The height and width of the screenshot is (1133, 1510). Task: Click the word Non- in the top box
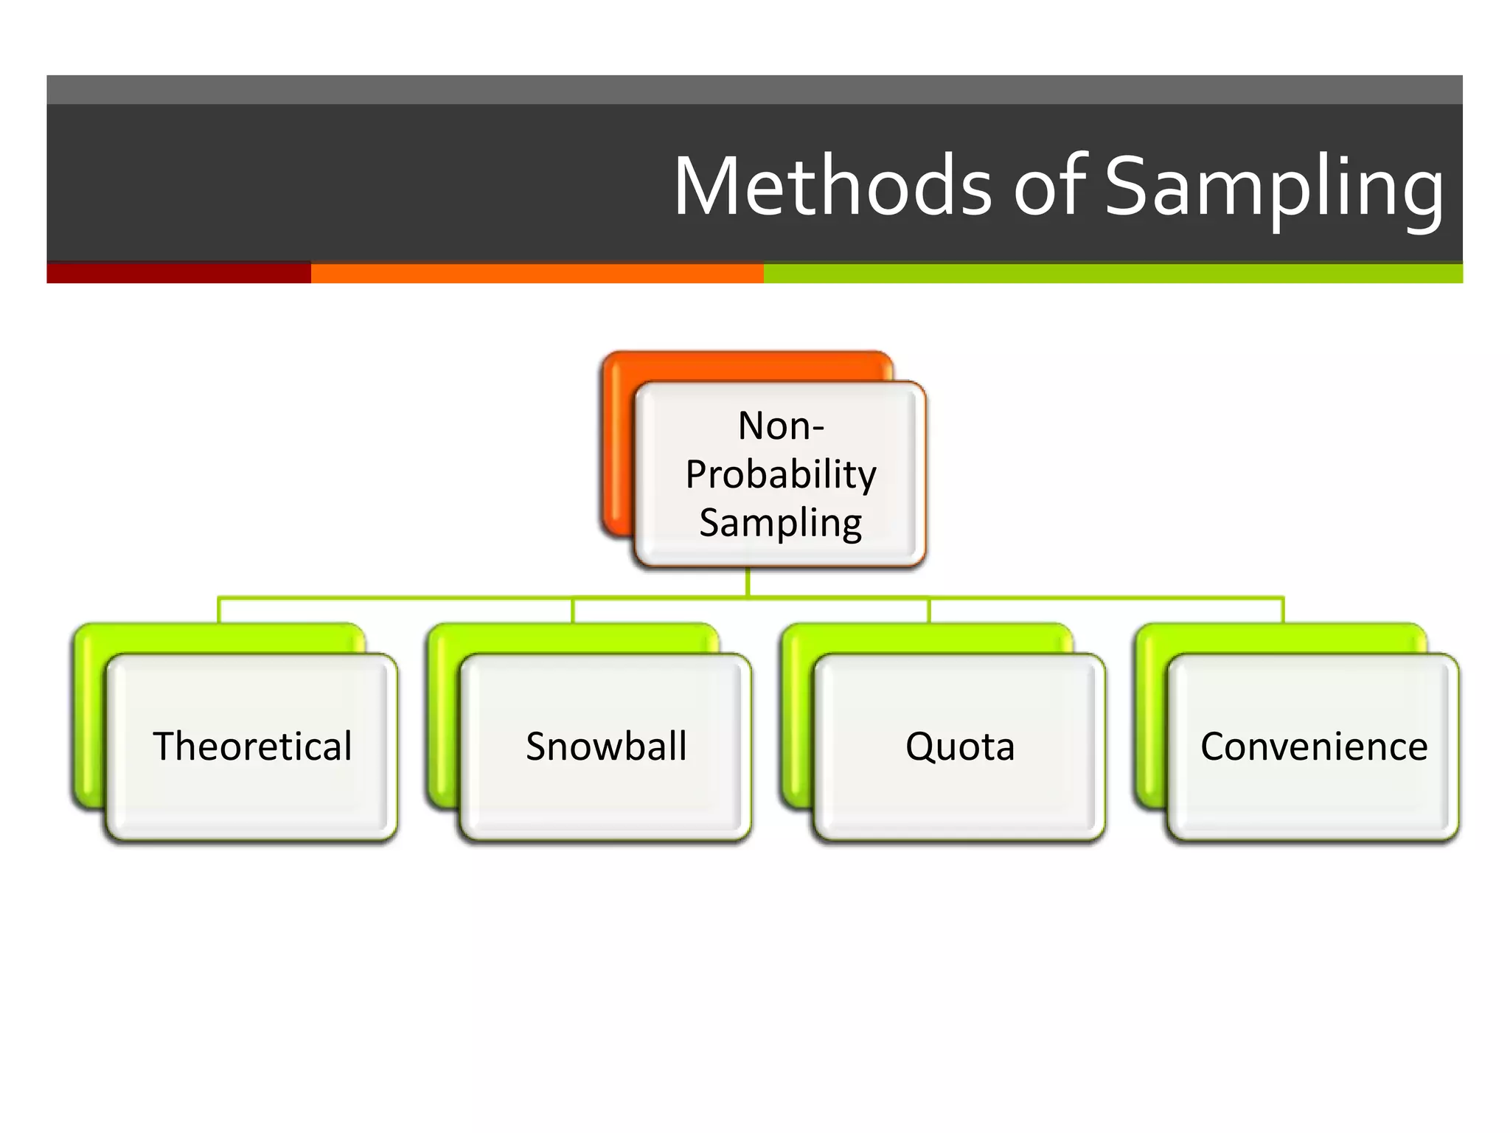coord(781,426)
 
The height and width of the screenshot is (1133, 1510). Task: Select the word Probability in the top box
coord(781,474)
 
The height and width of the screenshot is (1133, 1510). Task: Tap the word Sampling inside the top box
coord(781,523)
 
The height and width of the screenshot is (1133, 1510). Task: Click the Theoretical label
coord(252,746)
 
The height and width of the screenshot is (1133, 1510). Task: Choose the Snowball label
coord(606,746)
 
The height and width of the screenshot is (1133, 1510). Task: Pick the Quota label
coord(960,746)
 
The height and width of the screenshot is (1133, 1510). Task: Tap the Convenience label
coord(1314,746)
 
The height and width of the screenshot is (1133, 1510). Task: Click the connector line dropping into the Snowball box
coord(573,611)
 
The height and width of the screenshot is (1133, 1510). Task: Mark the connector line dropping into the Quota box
coord(929,611)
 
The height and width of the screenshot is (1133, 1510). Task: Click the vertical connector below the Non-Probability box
coord(748,582)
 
